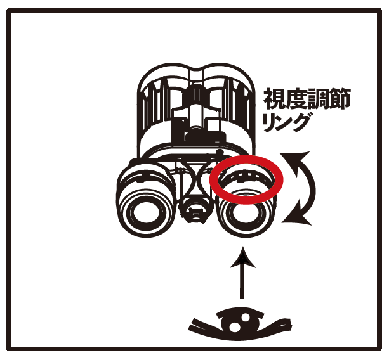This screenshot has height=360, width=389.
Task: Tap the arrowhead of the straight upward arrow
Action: (242, 258)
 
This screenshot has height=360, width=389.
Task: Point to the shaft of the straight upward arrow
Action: (242, 283)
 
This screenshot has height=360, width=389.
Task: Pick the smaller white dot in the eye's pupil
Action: (246, 318)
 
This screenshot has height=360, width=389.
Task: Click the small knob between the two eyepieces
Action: (195, 210)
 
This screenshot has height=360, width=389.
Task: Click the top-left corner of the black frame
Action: (8, 10)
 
